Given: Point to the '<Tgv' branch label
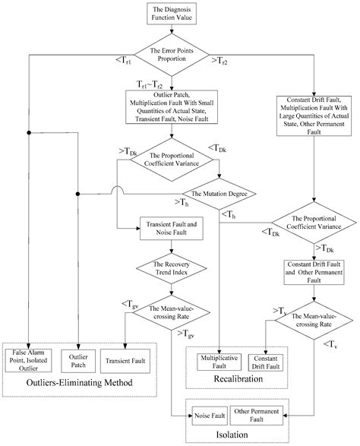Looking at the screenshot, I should coord(129,305).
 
